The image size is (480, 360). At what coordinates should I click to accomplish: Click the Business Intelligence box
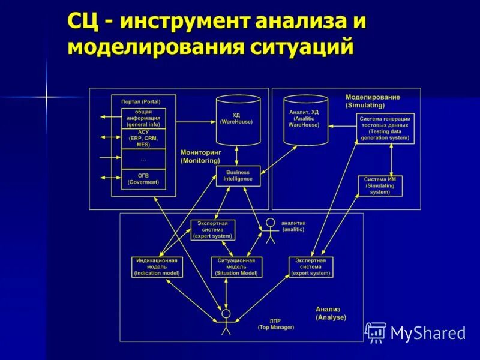click(x=238, y=176)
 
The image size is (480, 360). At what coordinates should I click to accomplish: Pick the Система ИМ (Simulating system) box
click(x=380, y=186)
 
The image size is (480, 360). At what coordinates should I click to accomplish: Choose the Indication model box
click(x=157, y=267)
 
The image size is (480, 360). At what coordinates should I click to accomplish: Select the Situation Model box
click(x=237, y=267)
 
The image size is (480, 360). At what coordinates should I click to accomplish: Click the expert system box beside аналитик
click(x=213, y=230)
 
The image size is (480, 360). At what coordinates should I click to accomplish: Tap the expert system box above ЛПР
click(x=311, y=267)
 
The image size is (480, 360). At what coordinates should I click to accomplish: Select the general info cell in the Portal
click(x=143, y=118)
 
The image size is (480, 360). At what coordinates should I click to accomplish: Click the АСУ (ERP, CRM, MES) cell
click(x=143, y=138)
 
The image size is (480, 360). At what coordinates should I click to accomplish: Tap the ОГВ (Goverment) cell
click(x=143, y=178)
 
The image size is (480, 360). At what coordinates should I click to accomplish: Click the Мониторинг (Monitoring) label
click(x=200, y=157)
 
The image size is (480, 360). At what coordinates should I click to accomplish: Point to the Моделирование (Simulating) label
click(x=373, y=101)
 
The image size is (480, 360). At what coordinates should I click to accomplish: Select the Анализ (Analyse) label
click(x=331, y=313)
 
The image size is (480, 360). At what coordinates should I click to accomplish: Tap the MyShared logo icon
click(x=376, y=332)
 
